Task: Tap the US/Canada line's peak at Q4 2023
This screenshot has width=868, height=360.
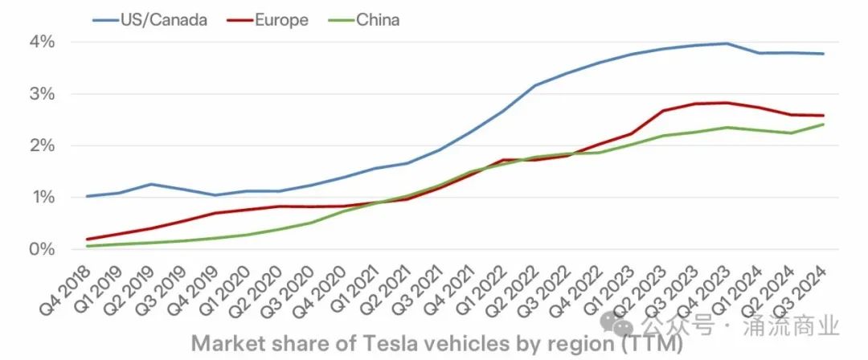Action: [727, 43]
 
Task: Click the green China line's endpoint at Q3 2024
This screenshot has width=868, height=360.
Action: [824, 125]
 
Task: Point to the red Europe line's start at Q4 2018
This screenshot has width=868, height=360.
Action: [87, 239]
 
